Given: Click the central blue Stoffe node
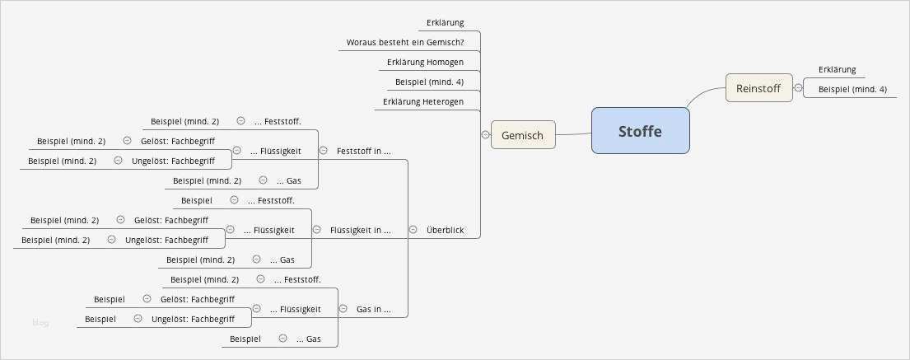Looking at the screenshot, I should [x=640, y=131].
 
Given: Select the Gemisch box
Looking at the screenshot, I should [x=523, y=135].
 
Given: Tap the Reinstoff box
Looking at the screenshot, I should [x=758, y=87].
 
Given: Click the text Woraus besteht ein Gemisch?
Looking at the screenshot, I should [x=405, y=43].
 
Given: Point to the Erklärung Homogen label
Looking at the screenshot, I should [x=425, y=62].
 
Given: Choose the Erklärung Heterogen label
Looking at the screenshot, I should [x=423, y=102].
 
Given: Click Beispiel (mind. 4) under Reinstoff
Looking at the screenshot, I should [x=852, y=89].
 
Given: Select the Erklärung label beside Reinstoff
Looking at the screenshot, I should [x=837, y=69].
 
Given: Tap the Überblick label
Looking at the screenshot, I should [x=445, y=230].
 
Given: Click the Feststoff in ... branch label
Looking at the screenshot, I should [x=363, y=151].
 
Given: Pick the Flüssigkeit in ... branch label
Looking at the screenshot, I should [x=360, y=230].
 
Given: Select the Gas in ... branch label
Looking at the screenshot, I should [x=373, y=310].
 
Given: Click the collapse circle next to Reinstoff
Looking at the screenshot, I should [x=798, y=87].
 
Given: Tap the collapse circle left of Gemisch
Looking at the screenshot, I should [x=485, y=134].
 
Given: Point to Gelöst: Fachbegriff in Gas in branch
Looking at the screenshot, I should [x=197, y=299].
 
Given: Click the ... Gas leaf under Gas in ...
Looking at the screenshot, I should [x=308, y=339].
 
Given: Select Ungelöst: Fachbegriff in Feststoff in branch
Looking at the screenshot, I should [x=173, y=161].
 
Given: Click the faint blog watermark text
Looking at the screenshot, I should [x=40, y=323].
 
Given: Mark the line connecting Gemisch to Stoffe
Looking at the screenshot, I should [x=573, y=133].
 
